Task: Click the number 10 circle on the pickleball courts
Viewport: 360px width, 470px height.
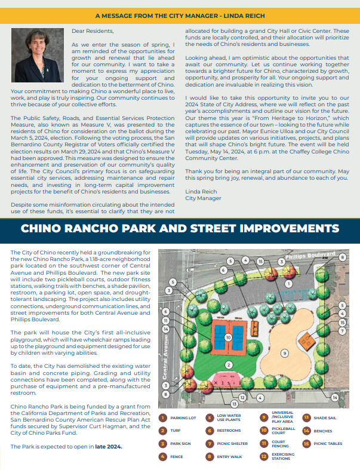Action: click(x=227, y=337)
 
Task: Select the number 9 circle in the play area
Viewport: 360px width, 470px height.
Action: click(x=285, y=353)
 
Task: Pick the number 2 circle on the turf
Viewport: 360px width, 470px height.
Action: click(x=227, y=364)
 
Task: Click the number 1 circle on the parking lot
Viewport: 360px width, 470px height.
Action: click(x=288, y=284)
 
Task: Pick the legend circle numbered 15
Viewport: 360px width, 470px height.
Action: click(x=306, y=444)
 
